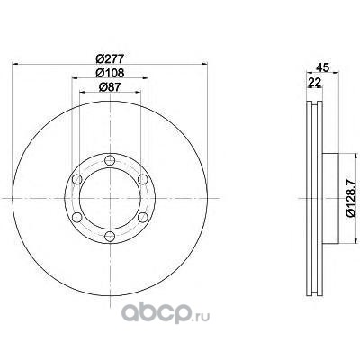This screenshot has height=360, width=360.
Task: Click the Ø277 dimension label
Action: [x=110, y=58]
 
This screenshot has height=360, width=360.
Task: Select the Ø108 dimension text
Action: [x=110, y=73]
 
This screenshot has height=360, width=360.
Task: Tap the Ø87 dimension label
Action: [x=110, y=86]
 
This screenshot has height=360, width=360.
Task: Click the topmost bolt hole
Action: [x=110, y=160]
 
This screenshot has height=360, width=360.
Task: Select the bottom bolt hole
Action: [x=110, y=237]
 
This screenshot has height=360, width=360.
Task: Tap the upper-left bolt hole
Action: [x=77, y=179]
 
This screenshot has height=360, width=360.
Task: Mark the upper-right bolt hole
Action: [x=143, y=179]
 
